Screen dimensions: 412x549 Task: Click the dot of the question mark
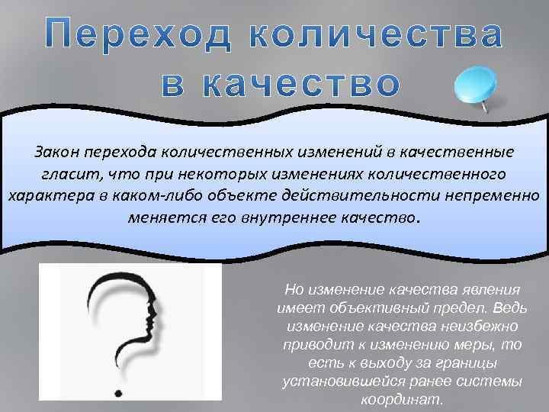pos(118,394)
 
